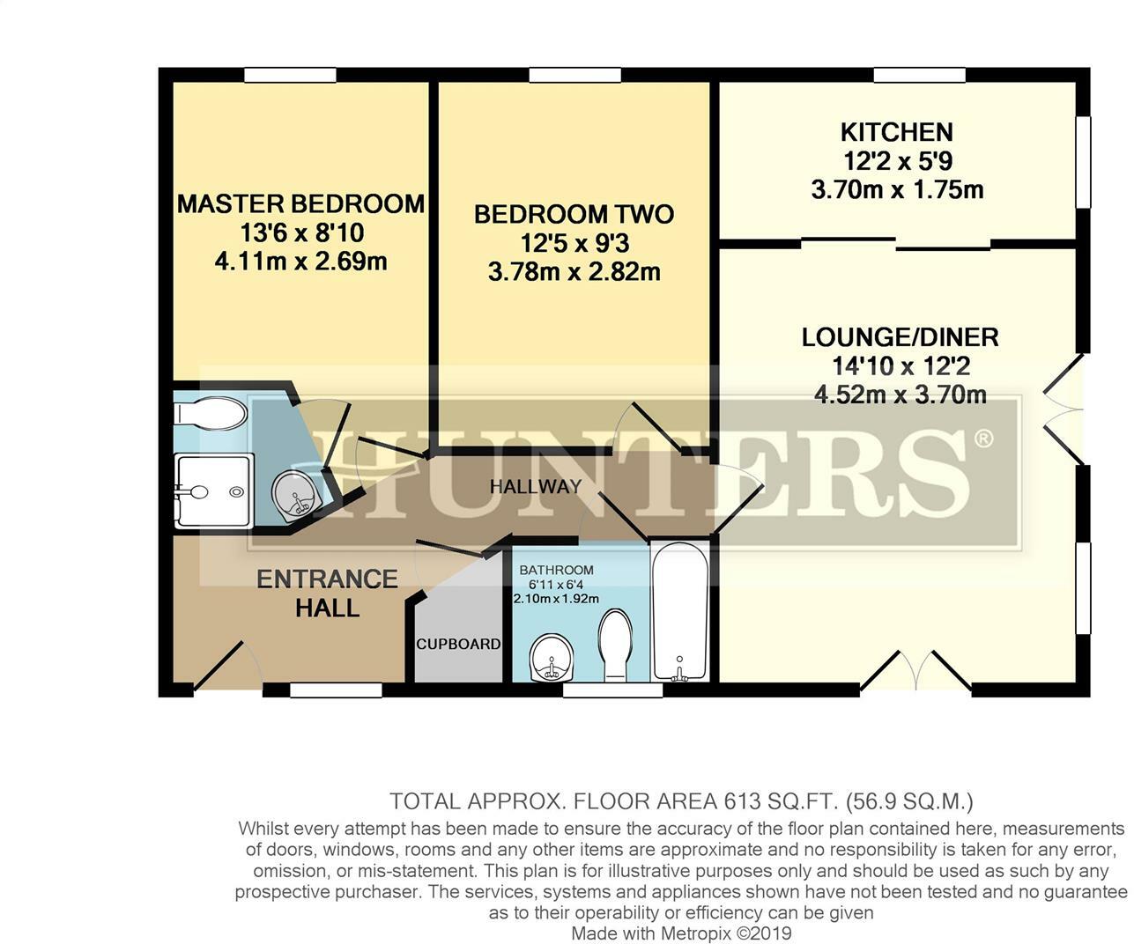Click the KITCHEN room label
click(x=896, y=132)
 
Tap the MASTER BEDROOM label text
click(x=300, y=204)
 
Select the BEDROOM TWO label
click(x=574, y=214)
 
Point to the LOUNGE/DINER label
click(x=900, y=337)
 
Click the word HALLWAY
click(x=536, y=486)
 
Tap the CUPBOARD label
click(x=458, y=644)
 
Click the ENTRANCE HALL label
click(x=327, y=593)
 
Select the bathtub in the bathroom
click(x=678, y=611)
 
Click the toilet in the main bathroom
click(x=615, y=645)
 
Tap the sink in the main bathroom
click(x=552, y=657)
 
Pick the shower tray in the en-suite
click(x=214, y=490)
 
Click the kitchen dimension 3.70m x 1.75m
click(x=896, y=189)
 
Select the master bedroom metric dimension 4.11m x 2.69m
click(x=300, y=262)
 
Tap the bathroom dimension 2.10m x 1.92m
click(x=556, y=598)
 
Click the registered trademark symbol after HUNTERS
click(x=984, y=438)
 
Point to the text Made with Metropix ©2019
click(x=681, y=933)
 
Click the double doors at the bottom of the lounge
click(x=915, y=671)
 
